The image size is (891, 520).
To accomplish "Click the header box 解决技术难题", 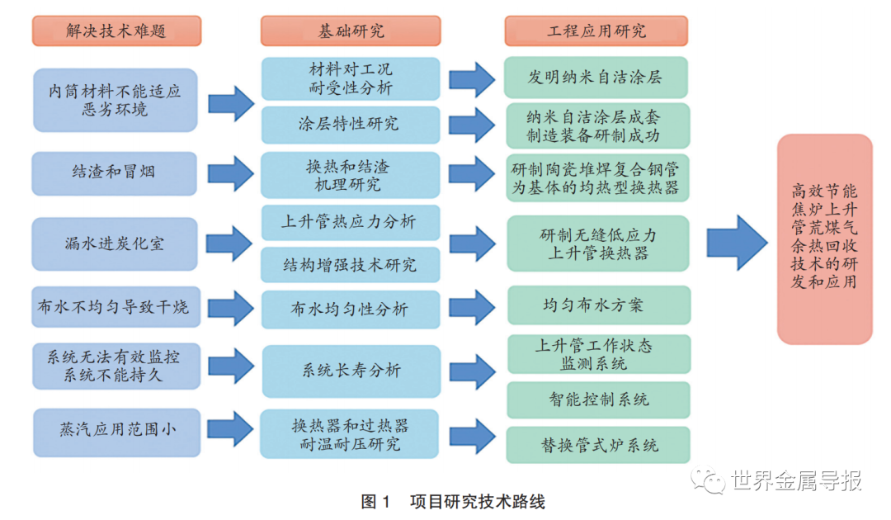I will [x=115, y=31].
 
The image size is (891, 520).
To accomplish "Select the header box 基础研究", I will [x=351, y=31].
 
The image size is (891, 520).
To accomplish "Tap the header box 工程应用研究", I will [x=596, y=31].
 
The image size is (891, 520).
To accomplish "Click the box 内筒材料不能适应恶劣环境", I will [x=115, y=100].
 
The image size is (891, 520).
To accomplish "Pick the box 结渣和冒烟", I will [x=115, y=173].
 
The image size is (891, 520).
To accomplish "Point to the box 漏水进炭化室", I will [x=115, y=243].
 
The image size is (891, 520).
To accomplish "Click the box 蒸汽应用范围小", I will [x=117, y=430].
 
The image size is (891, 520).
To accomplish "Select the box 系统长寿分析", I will [x=351, y=371].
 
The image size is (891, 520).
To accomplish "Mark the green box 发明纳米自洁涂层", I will [x=596, y=78].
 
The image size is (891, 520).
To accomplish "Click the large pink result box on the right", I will [x=823, y=239].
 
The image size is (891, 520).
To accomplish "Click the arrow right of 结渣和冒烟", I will [x=231, y=173].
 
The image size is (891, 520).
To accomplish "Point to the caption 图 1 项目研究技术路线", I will [x=453, y=501].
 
